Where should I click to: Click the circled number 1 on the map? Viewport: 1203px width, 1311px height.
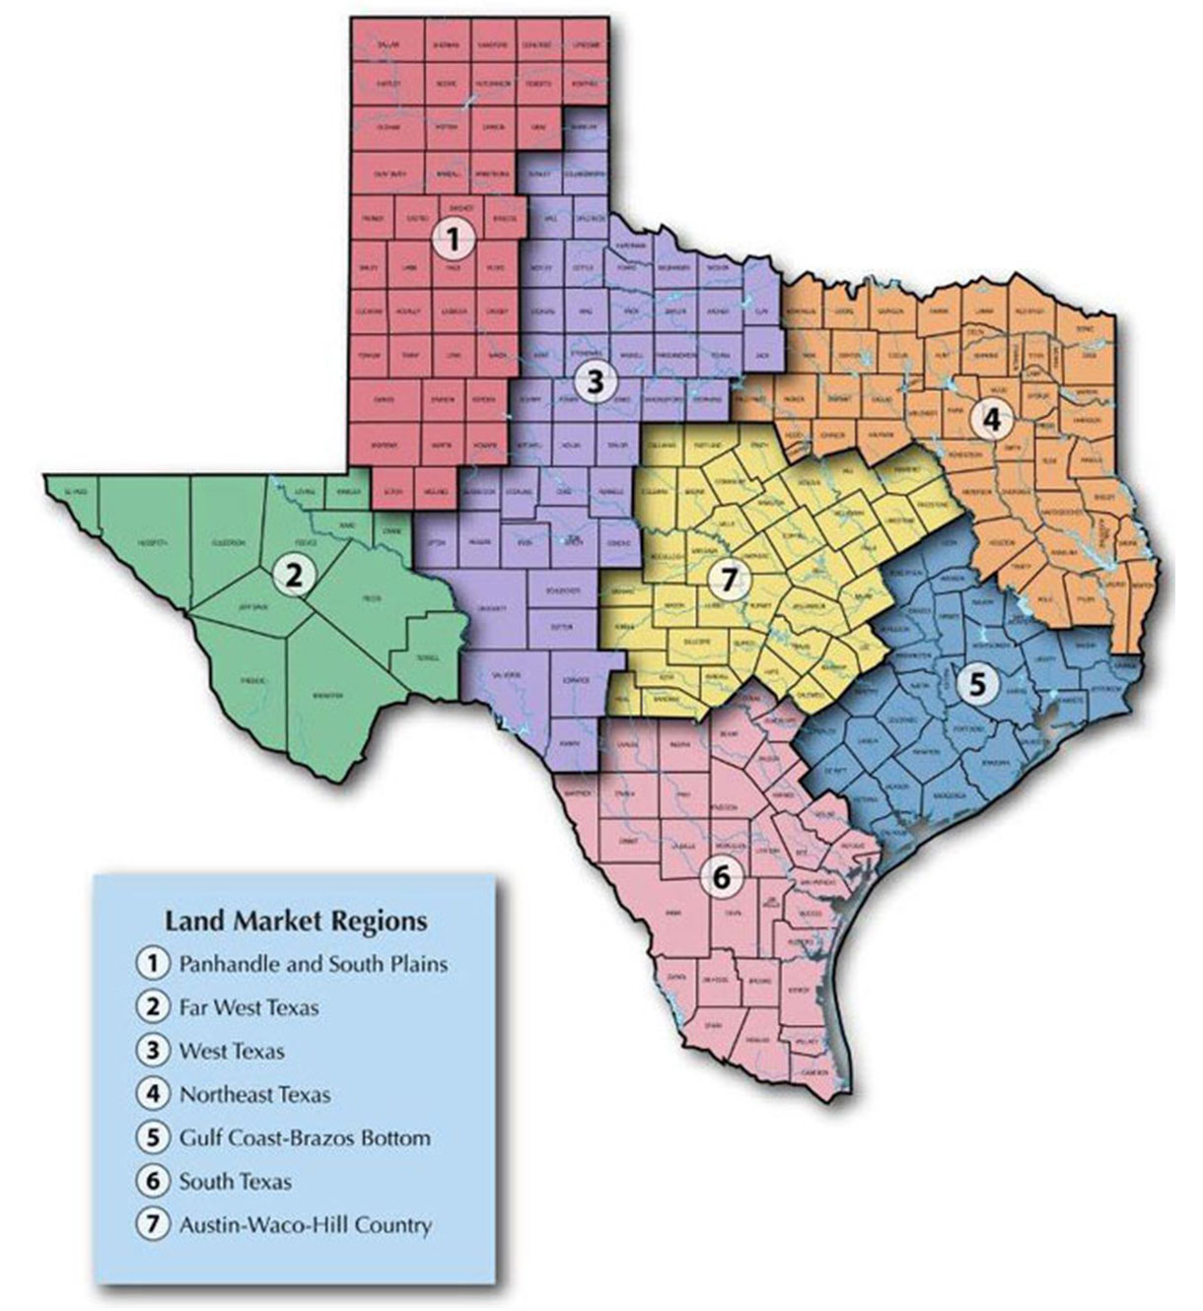pyautogui.click(x=453, y=238)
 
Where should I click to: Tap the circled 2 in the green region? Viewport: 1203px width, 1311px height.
pyautogui.click(x=292, y=575)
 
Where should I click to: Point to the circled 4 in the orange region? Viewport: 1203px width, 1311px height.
pyautogui.click(x=991, y=419)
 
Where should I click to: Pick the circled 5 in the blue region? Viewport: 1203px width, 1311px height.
pyautogui.click(x=975, y=683)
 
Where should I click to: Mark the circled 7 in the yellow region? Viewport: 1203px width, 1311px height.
pyautogui.click(x=729, y=581)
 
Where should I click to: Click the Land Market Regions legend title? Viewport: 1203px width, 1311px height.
pyautogui.click(x=296, y=921)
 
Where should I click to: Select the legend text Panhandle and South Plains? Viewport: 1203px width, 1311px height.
pyautogui.click(x=313, y=964)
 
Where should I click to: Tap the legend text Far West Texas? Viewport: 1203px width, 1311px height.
pyautogui.click(x=248, y=1007)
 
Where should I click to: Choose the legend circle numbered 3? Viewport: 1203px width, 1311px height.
pyautogui.click(x=153, y=1051)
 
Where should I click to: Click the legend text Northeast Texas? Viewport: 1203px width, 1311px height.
pyautogui.click(x=254, y=1094)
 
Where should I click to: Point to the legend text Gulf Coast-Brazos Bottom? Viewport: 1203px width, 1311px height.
pyautogui.click(x=305, y=1138)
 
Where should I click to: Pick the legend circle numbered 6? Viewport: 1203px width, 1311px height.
pyautogui.click(x=153, y=1181)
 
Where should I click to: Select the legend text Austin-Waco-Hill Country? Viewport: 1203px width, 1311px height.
pyautogui.click(x=305, y=1225)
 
